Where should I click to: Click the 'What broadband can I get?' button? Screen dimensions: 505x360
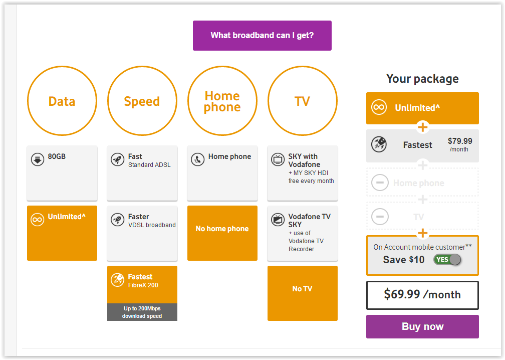coord(262,36)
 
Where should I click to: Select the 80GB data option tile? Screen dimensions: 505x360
coord(62,173)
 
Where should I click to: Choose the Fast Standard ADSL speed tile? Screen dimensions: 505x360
coord(142,173)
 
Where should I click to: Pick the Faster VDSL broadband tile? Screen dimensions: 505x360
coord(142,233)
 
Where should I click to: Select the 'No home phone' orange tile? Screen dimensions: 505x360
coord(222,233)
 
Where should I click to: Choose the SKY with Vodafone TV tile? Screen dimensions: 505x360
coord(303,173)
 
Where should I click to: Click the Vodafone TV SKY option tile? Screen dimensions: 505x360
coord(303,233)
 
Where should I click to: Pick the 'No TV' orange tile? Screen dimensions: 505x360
coord(303,293)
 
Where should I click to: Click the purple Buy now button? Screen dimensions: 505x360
coord(422,326)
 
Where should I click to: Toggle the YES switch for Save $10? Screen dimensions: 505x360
coord(447,260)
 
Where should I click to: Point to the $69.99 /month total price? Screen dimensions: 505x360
coord(422,295)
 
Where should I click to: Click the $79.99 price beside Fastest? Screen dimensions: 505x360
coord(460,141)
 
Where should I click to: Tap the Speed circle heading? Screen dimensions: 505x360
coord(142,101)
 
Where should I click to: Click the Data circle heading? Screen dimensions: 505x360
coord(62,101)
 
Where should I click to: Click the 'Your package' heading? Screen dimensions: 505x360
coord(422,79)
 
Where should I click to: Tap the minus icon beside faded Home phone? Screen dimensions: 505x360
coord(380,183)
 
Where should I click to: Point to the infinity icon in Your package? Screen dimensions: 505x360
coord(379,107)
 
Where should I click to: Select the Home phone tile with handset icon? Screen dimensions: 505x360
coord(222,173)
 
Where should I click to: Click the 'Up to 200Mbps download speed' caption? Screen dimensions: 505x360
coord(142,312)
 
